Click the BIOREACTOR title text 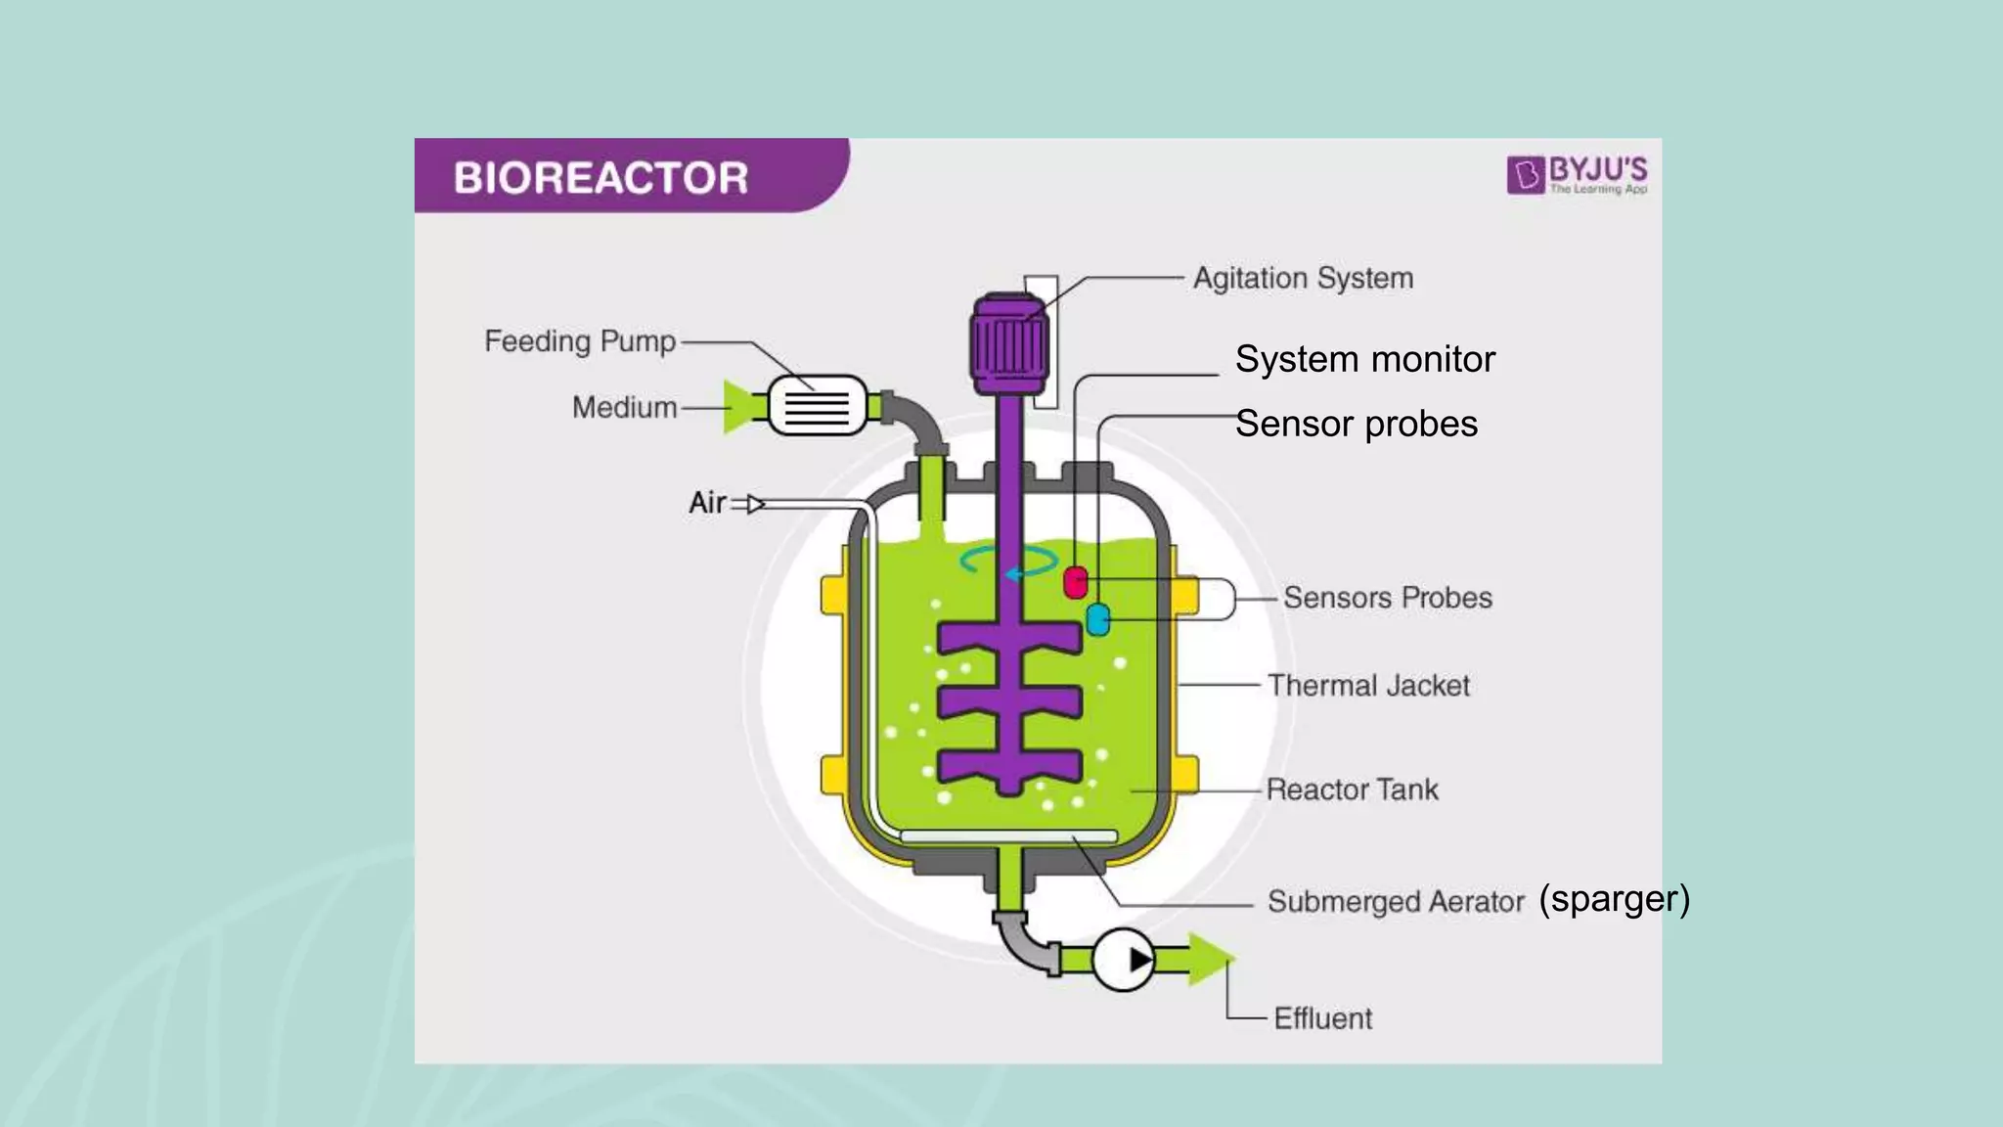coord(601,178)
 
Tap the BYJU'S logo coord(1577,175)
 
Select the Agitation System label coord(1303,279)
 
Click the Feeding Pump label coord(580,341)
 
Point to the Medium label coord(624,407)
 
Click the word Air coord(707,503)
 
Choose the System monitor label coord(1364,359)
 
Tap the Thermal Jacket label coord(1368,686)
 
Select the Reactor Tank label coord(1352,789)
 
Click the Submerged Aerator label coord(1396,901)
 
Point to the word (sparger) coord(1614,898)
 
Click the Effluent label coord(1322,1018)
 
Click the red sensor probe coord(1076,582)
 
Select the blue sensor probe coord(1098,619)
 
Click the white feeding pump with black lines coord(818,405)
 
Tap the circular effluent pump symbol coord(1123,960)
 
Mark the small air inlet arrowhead coord(755,504)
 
